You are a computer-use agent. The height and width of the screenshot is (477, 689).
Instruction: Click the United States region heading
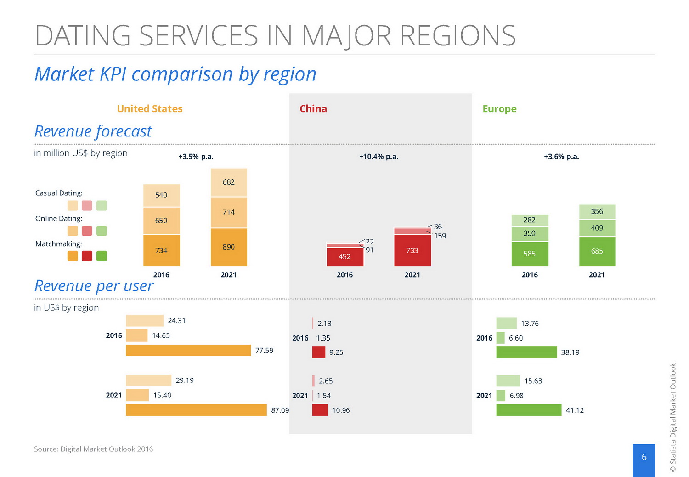150,109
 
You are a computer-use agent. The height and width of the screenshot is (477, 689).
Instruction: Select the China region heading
313,109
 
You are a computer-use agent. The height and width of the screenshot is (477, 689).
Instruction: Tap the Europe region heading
499,109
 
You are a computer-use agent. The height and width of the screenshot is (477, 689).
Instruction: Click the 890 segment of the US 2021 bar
229,247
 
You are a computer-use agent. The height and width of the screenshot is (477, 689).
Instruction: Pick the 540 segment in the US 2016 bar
161,195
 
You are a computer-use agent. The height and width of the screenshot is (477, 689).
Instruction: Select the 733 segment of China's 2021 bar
412,250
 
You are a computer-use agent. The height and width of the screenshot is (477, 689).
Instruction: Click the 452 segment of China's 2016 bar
344,256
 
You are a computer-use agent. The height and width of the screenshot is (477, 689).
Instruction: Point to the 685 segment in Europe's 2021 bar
597,251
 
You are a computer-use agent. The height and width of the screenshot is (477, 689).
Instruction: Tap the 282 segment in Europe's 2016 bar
530,220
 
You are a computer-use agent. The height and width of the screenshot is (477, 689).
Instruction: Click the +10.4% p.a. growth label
378,157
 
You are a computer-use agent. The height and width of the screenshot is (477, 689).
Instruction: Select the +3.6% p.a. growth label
561,157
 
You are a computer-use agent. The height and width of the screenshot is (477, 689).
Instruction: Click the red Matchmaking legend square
87,256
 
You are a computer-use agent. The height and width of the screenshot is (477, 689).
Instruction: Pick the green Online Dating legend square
102,231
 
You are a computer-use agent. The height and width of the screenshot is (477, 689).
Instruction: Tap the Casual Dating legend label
59,193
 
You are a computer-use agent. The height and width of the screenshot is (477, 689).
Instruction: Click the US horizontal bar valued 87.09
196,410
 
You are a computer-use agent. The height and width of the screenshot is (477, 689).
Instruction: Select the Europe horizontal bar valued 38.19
526,352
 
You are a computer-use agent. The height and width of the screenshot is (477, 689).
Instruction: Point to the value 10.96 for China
341,410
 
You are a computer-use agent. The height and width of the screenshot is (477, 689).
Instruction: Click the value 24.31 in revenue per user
177,321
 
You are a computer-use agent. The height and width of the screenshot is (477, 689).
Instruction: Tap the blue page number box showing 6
644,460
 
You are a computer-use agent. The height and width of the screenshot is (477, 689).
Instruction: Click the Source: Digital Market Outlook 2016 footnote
93,449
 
